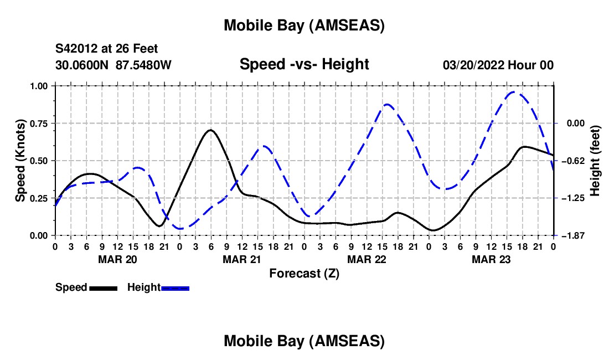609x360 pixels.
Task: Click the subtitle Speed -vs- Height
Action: click(x=304, y=65)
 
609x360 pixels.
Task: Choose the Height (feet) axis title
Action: click(x=595, y=161)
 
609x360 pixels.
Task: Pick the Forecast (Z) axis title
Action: click(x=304, y=273)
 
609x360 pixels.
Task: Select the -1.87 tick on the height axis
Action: click(x=570, y=235)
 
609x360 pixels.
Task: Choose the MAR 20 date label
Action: click(x=117, y=259)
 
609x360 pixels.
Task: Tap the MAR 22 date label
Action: click(x=367, y=259)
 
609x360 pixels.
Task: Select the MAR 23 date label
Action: click(x=491, y=259)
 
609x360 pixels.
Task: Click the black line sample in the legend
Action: click(x=103, y=288)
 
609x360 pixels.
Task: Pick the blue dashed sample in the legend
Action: click(x=176, y=288)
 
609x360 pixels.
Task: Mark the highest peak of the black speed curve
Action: click(x=210, y=130)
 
